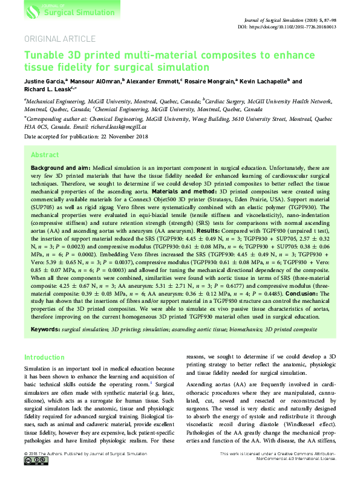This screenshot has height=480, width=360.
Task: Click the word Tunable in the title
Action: coord(44,55)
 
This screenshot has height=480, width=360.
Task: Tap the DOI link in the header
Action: coord(293,27)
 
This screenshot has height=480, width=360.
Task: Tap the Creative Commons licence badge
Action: coord(33,476)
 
